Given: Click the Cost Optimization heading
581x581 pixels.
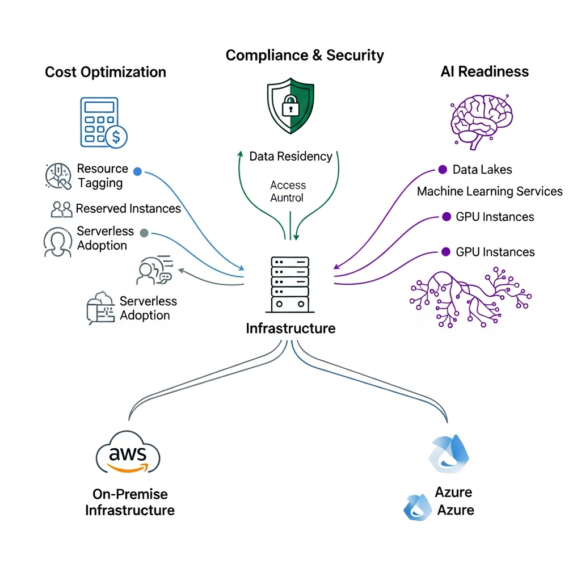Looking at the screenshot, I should [106, 73].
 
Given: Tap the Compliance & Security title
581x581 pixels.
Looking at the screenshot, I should [305, 56].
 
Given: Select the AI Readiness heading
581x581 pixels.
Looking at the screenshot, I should [485, 71].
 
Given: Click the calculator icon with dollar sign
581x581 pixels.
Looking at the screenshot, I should [103, 122].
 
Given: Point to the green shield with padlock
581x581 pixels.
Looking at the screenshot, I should [290, 106].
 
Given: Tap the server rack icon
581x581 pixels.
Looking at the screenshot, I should [290, 284].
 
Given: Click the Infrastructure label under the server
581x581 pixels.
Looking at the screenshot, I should [290, 329].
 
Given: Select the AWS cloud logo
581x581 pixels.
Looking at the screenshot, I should [128, 453].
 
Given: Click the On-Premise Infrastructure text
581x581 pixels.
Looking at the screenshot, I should [130, 502].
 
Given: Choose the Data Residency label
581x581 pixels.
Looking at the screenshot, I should [290, 157].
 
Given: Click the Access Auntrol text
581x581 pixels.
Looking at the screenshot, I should [288, 191].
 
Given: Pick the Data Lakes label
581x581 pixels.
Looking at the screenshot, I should [482, 170].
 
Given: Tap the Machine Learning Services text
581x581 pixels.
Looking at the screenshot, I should [490, 192].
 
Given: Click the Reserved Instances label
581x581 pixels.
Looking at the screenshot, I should [128, 209].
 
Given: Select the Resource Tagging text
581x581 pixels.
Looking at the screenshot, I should [102, 176].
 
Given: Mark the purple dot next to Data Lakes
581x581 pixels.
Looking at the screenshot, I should [443, 169].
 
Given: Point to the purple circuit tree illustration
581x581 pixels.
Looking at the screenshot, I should [470, 298].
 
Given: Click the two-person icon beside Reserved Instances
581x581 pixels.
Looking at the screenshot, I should [61, 209].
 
